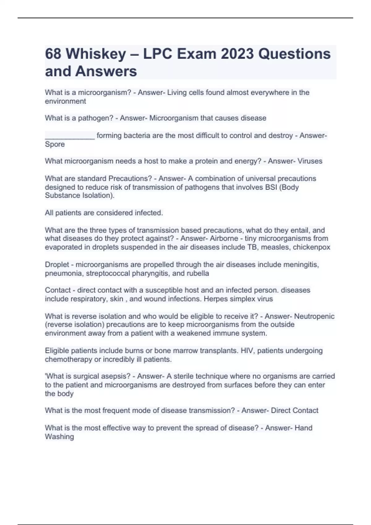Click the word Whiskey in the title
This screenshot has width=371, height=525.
coord(96,54)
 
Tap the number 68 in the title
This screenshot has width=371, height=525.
coord(53,54)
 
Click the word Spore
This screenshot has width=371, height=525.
coord(55,144)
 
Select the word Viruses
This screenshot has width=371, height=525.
coord(310,161)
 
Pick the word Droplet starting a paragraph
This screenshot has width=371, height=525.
coord(57,265)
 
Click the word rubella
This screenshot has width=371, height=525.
coord(198,273)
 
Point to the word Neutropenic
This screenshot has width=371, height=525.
coord(314,316)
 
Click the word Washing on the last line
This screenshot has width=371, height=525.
coord(59,437)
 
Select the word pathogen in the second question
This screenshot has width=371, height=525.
coord(95,118)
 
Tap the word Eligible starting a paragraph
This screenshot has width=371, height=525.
coord(57,351)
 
